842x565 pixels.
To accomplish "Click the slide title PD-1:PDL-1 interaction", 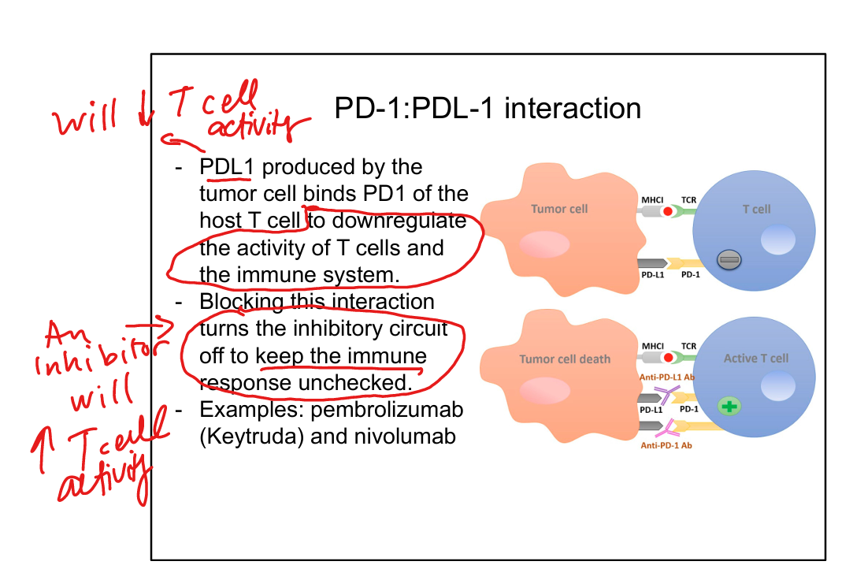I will coord(488,108).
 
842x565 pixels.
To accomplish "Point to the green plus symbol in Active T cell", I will coord(729,407).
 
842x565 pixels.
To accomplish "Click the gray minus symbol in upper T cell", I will coord(727,258).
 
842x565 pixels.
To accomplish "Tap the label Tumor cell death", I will coord(565,359).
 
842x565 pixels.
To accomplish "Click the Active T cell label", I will coord(755,358).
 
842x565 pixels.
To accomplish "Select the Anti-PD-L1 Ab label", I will coord(667,377).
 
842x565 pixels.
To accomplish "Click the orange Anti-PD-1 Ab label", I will coord(667,445).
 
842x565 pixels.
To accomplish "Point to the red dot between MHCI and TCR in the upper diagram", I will coord(668,211).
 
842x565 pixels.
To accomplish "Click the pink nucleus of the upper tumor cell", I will coord(543,244).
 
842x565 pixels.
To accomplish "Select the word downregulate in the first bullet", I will coord(399,221).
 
